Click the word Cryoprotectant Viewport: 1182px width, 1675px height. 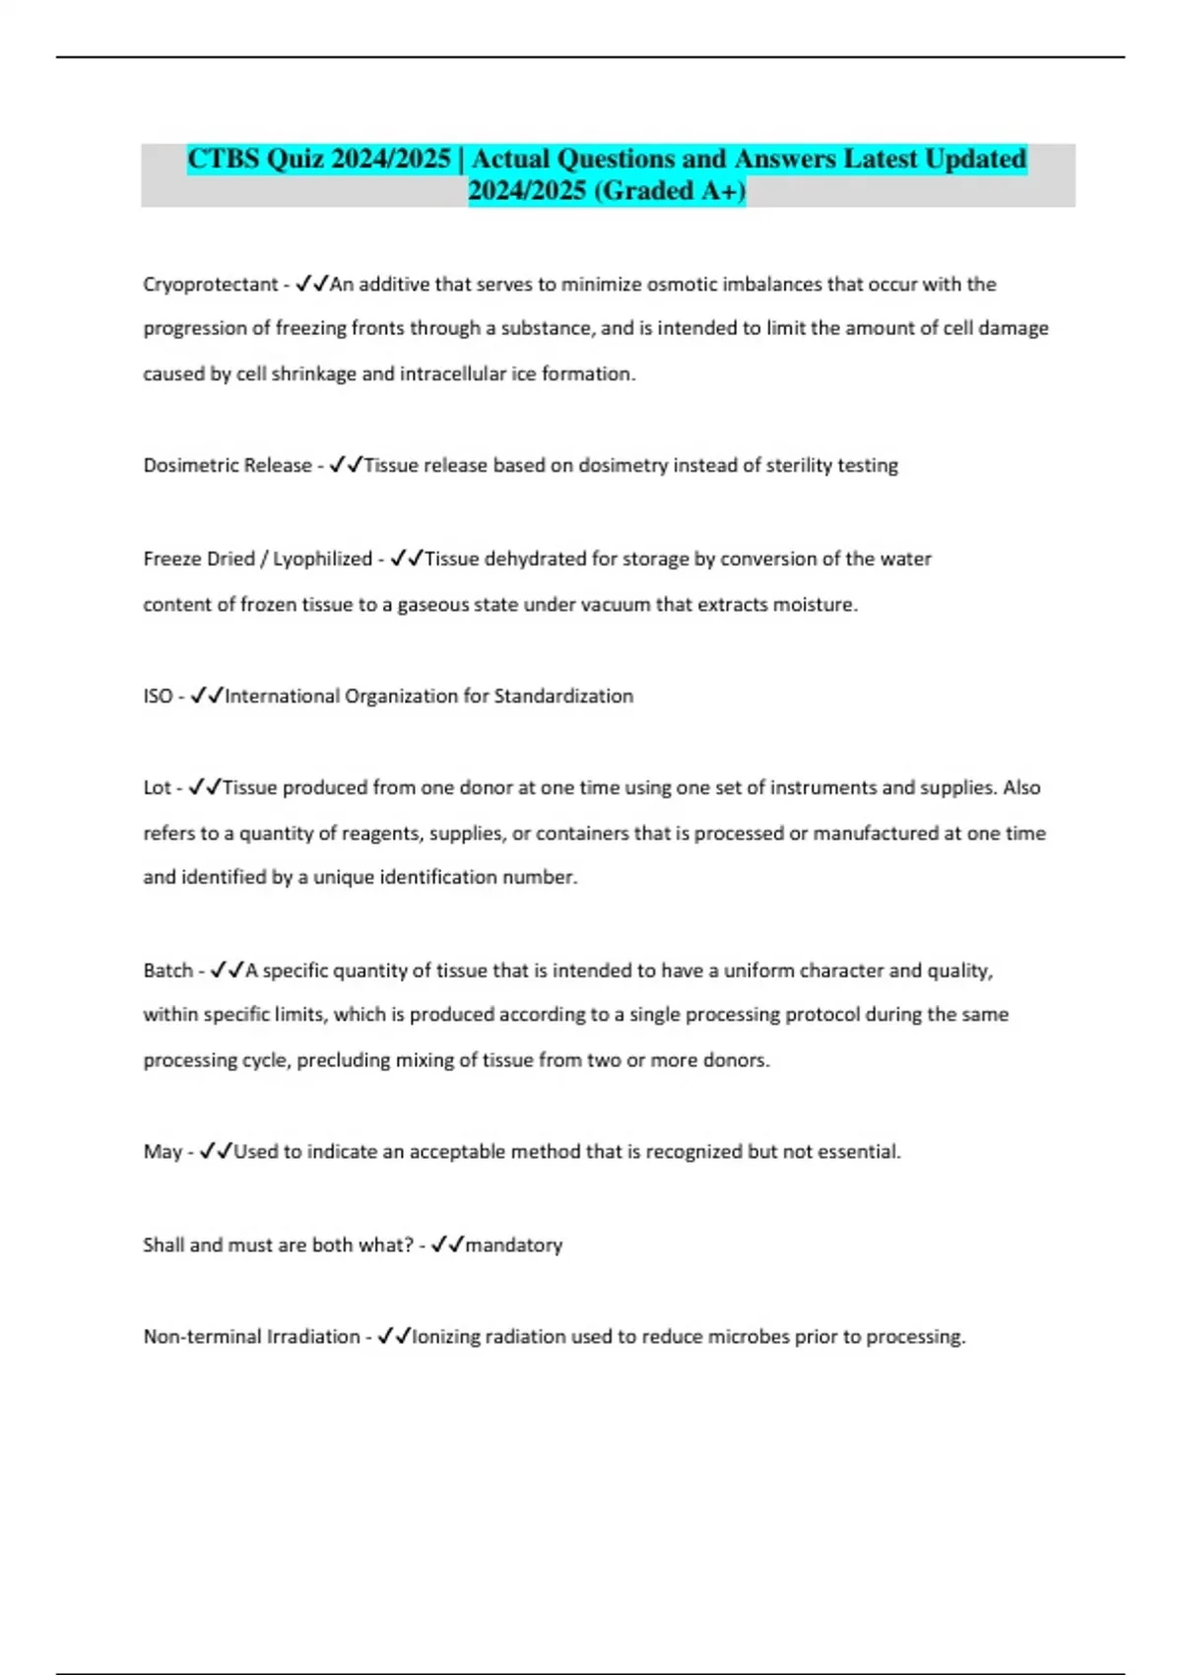(x=211, y=285)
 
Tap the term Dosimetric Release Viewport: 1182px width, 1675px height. (x=228, y=465)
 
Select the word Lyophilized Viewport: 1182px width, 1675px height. (x=322, y=559)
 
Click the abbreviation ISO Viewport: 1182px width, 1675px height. (x=158, y=696)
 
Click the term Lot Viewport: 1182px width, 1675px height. (x=157, y=787)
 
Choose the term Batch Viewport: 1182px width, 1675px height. (x=167, y=971)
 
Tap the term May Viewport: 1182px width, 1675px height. (x=163, y=1152)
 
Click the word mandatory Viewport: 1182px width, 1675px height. (x=513, y=1245)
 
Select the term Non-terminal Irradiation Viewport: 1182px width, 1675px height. (x=251, y=1337)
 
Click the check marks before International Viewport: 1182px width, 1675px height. (x=207, y=696)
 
